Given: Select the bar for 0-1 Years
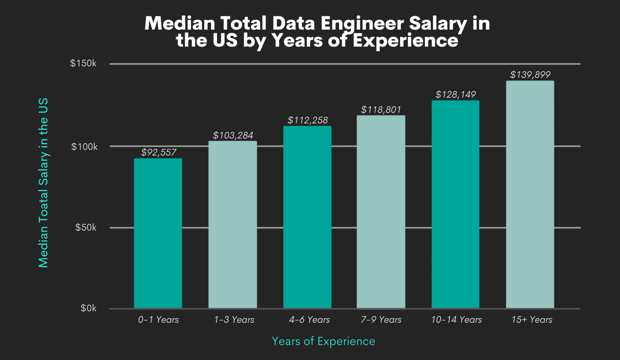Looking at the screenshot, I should pyautogui.click(x=158, y=233).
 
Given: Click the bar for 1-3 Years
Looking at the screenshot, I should pyautogui.click(x=232, y=225).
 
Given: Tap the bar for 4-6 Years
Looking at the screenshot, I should pyautogui.click(x=307, y=217).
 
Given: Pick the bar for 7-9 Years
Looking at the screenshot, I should pyautogui.click(x=381, y=212).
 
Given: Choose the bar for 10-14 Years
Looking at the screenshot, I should pyautogui.click(x=455, y=205).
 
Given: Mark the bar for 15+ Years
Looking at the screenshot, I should pyautogui.click(x=530, y=195).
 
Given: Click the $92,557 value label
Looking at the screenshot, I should pyautogui.click(x=158, y=152).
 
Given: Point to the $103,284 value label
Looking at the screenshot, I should pyautogui.click(x=233, y=135).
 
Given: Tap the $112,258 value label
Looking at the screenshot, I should pyautogui.click(x=308, y=120).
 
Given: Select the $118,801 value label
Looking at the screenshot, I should pyautogui.click(x=381, y=110).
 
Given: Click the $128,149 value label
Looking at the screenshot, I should pyautogui.click(x=456, y=95).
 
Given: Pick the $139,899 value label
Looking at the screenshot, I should pyautogui.click(x=530, y=74).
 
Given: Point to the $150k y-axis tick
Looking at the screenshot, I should pyautogui.click(x=83, y=64).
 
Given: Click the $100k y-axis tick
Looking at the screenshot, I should pyautogui.click(x=84, y=146).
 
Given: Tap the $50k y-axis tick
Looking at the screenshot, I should pyautogui.click(x=86, y=227).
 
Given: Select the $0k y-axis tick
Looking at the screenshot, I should pyautogui.click(x=88, y=308).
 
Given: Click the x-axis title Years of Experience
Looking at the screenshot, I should pyautogui.click(x=323, y=341).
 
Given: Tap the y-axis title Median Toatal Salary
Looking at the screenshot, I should pyautogui.click(x=43, y=182).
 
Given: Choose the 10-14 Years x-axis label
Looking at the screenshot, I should pyautogui.click(x=456, y=320).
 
